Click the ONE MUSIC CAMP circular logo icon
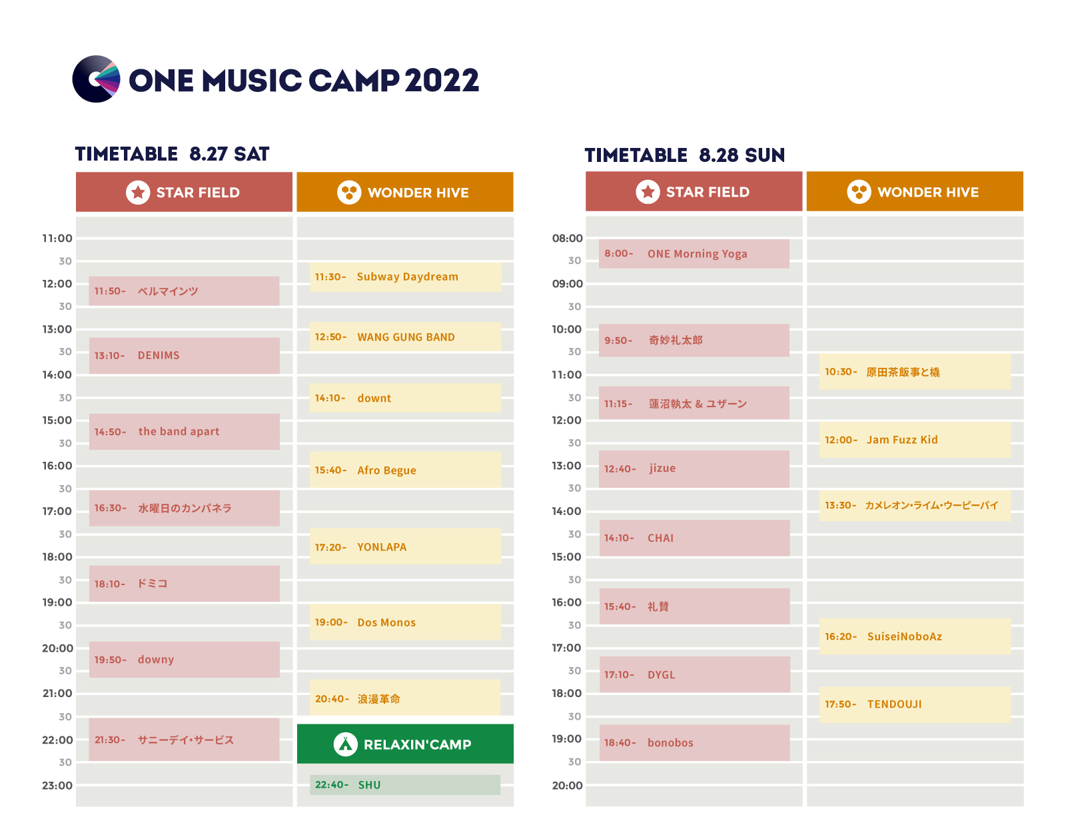coord(96,79)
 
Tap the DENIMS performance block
coord(185,355)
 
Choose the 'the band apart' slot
coord(185,431)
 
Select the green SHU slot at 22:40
coord(404,784)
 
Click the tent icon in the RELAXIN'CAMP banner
coord(345,744)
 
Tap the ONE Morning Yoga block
coord(694,254)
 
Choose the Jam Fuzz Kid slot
coord(914,440)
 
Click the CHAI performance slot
coord(694,538)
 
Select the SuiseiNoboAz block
coord(914,636)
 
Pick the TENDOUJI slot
coord(914,704)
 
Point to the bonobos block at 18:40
coord(694,742)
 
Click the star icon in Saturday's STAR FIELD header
coord(138,193)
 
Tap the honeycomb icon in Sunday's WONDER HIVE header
coord(859,192)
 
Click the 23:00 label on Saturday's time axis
coord(57,786)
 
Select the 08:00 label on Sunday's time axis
coord(567,239)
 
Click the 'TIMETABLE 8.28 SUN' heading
coord(684,155)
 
